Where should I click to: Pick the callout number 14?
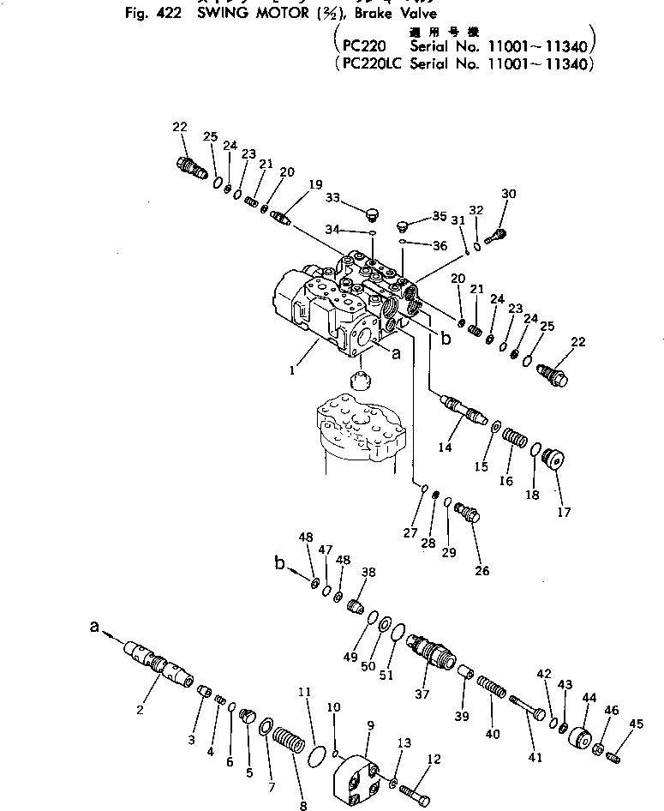[445, 446]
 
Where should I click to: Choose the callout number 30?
[509, 195]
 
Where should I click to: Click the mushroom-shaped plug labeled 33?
[373, 211]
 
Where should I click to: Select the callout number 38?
[368, 573]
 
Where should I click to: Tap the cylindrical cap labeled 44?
[583, 736]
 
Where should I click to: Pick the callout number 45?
[635, 724]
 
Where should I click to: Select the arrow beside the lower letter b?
[297, 568]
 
